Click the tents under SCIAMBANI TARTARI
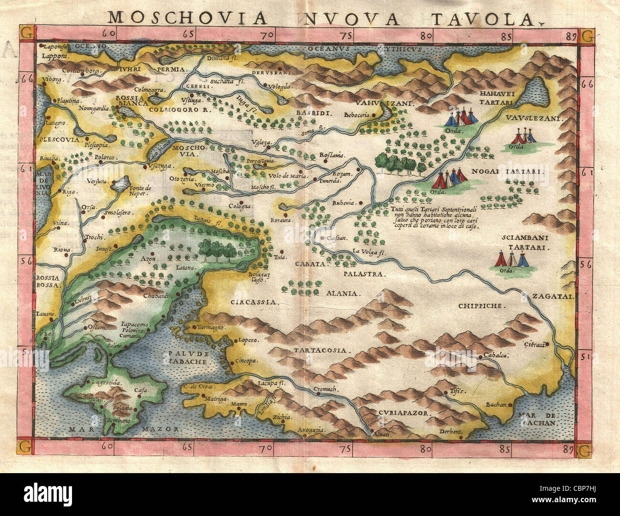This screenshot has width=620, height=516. [511, 259]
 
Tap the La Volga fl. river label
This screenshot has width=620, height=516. [369, 252]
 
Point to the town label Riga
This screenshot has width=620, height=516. [66, 192]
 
